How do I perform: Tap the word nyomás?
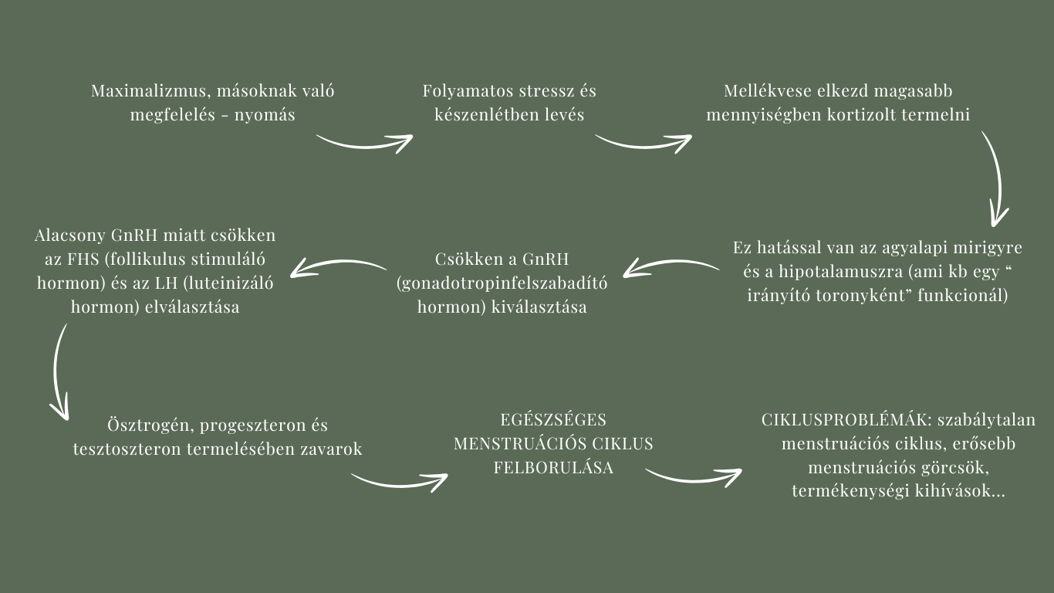(x=265, y=115)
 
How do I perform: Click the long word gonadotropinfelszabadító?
(x=502, y=283)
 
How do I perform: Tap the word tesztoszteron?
(x=127, y=449)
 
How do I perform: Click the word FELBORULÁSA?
(x=553, y=468)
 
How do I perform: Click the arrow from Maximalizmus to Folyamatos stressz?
(x=365, y=145)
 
